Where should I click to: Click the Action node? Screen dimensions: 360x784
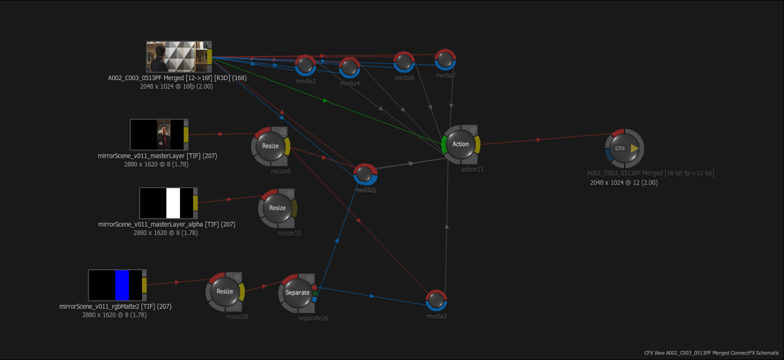click(x=460, y=144)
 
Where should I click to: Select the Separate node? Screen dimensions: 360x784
click(x=297, y=293)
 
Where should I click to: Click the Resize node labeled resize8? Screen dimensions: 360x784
click(x=270, y=146)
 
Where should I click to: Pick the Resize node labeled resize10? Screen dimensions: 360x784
click(x=277, y=208)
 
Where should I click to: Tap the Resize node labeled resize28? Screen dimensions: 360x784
click(x=225, y=292)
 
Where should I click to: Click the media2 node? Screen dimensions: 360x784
click(x=305, y=65)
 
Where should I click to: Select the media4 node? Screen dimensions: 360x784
click(x=350, y=67)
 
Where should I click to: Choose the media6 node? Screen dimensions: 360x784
click(x=404, y=62)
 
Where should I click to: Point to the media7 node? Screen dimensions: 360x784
click(x=445, y=60)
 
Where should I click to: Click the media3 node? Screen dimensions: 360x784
click(x=436, y=300)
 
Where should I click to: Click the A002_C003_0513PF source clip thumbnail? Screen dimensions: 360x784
click(x=176, y=57)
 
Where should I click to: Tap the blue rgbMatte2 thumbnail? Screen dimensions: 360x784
click(x=115, y=285)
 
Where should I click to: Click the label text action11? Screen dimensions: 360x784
click(x=472, y=169)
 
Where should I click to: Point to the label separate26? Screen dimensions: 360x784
click(x=313, y=318)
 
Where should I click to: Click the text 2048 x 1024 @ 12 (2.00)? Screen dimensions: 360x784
click(x=623, y=183)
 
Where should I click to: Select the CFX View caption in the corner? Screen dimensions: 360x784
click(x=712, y=353)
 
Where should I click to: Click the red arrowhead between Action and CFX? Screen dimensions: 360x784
click(x=539, y=139)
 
